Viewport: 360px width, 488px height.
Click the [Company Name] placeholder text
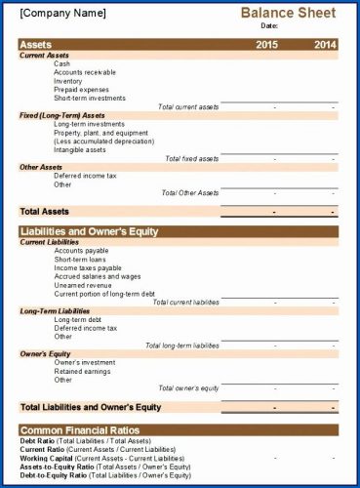60,14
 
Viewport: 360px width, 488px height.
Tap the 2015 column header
267,45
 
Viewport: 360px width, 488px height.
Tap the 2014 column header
325,45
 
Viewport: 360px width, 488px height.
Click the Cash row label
62,63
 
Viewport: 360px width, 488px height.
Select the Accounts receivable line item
84,72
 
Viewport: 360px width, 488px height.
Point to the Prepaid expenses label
81,89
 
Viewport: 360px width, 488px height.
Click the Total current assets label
188,106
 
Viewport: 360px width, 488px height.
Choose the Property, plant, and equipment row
100,132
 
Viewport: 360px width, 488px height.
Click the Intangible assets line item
80,149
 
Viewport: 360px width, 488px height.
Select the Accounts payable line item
81,251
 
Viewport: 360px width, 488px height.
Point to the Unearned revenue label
82,285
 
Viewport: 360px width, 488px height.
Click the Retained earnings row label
82,371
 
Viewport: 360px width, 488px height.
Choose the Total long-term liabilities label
181,346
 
